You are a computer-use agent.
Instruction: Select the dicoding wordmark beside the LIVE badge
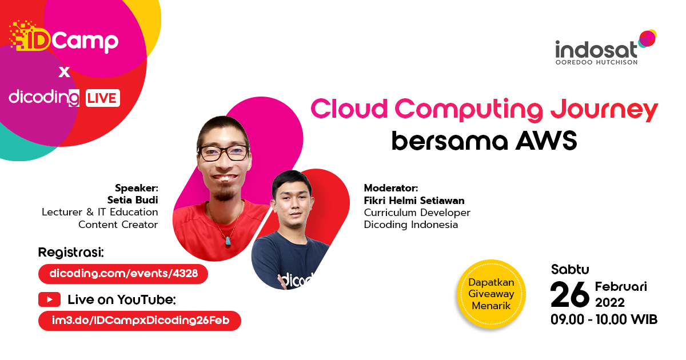tap(44, 97)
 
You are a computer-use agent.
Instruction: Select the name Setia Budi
tap(133, 199)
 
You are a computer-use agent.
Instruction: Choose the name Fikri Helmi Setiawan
tap(414, 201)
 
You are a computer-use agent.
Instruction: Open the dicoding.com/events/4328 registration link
tap(123, 274)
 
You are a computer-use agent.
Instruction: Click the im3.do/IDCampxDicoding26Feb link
tap(139, 321)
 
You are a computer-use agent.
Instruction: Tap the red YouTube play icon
tap(49, 299)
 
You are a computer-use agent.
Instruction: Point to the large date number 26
tap(569, 294)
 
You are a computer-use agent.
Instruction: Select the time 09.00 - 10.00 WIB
tap(604, 319)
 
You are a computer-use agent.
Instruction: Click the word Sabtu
tap(570, 269)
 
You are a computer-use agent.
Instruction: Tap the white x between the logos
tap(64, 72)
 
